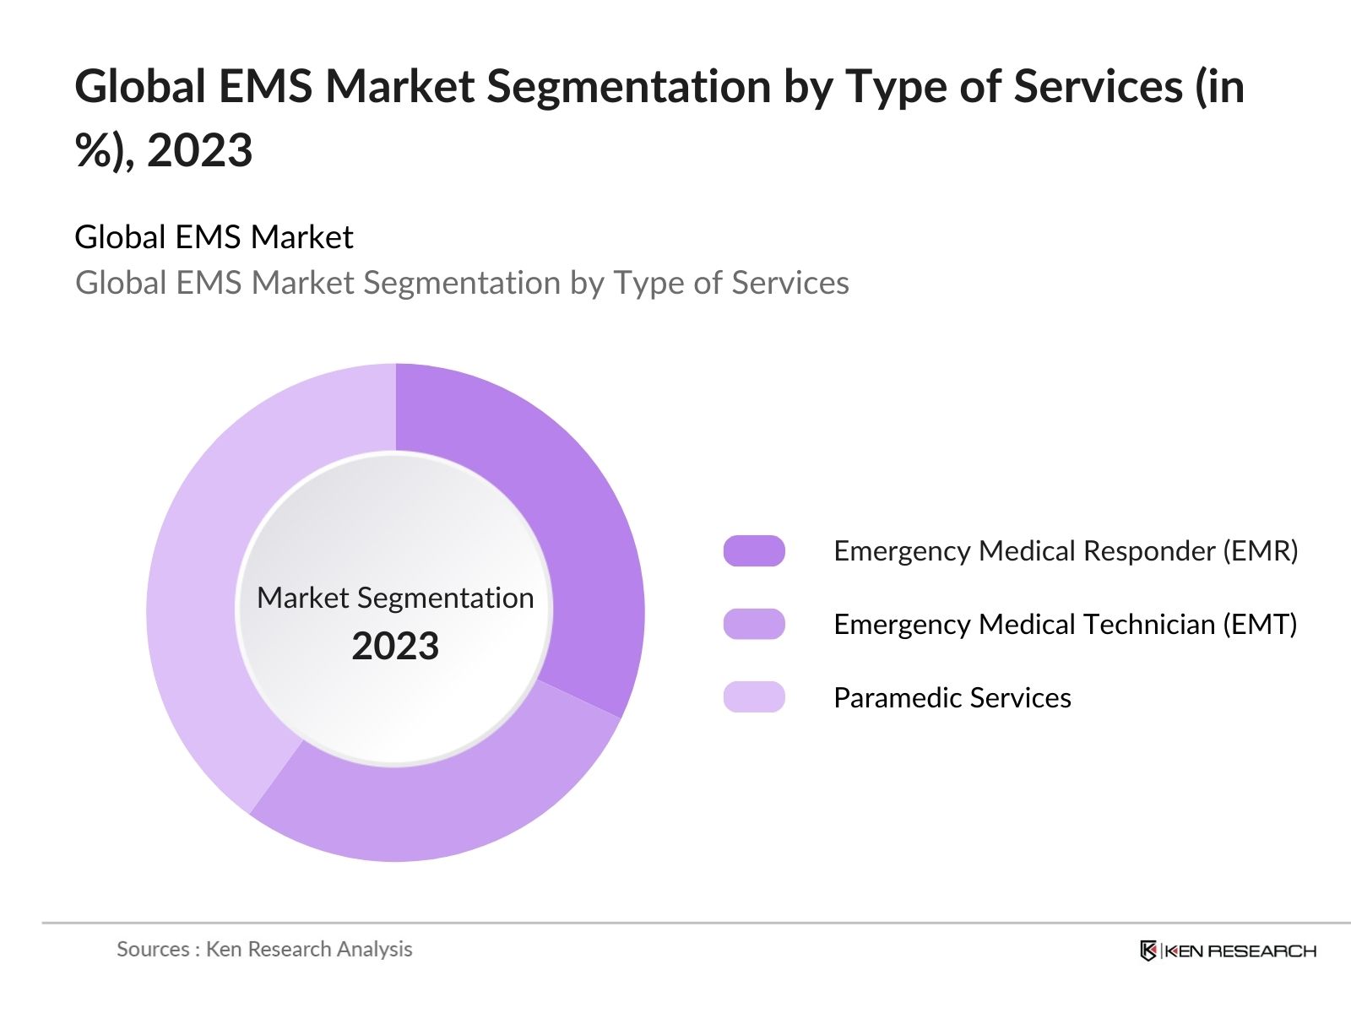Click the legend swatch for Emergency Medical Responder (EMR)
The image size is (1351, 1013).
754,551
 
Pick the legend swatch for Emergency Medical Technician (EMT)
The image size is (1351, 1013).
754,625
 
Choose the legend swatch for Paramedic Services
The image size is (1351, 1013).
754,698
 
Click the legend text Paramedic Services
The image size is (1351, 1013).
952,698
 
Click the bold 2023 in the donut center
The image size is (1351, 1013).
395,647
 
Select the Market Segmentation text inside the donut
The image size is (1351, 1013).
395,598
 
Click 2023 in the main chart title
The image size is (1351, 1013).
200,151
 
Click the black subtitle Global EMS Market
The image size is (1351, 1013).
214,237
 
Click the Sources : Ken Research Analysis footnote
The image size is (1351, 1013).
264,950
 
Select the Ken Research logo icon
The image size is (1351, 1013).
1148,951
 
